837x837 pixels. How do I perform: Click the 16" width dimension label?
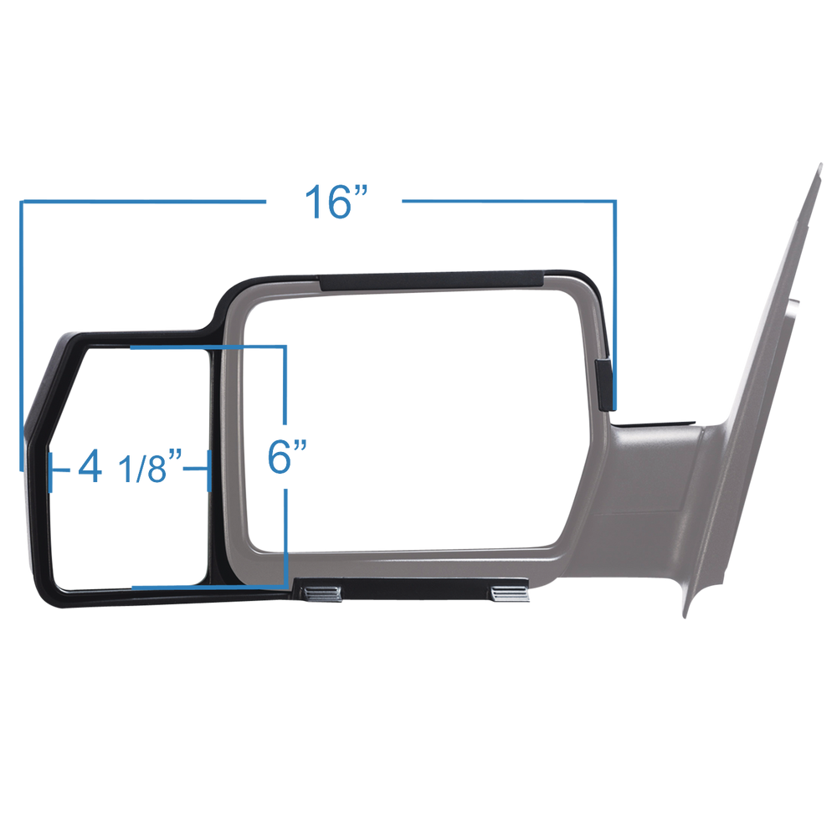tap(335, 202)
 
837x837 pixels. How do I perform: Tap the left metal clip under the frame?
tap(321, 593)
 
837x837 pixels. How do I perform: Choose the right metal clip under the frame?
tap(511, 593)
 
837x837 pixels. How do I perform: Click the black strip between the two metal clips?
tap(416, 592)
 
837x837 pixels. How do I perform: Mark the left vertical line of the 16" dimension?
tap(23, 335)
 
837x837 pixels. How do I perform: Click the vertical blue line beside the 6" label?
tap(286, 385)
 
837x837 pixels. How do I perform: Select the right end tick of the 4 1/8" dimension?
tap(207, 468)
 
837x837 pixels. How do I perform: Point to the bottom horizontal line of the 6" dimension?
tap(209, 586)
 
